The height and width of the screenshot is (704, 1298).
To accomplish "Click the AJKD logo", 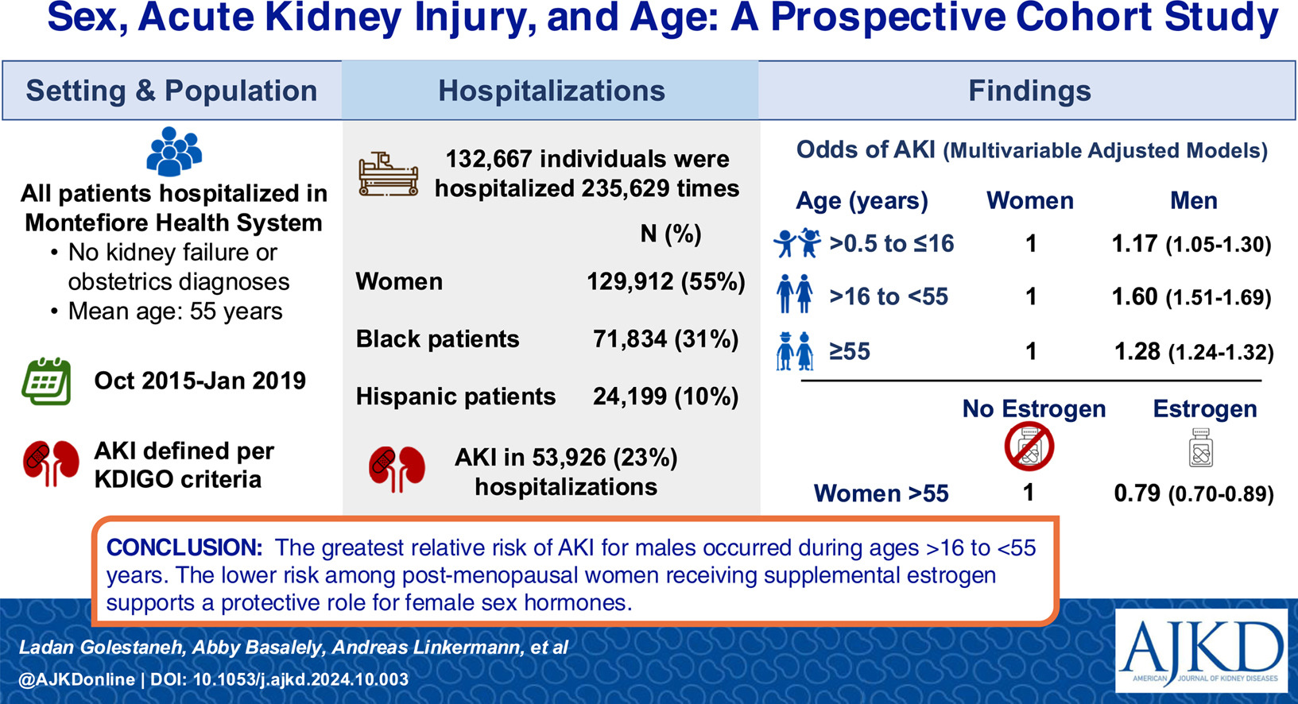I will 1201,650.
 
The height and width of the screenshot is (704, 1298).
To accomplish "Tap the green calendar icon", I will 46,382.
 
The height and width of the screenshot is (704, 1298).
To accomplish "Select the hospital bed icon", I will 388,175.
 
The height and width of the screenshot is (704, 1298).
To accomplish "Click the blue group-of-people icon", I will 174,151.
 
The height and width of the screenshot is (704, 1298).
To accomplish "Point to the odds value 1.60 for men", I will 1134,296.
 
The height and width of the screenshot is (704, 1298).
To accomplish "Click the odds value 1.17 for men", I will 1134,243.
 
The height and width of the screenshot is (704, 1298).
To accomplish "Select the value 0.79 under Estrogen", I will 1137,493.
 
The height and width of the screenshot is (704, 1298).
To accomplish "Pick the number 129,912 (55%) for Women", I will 665,281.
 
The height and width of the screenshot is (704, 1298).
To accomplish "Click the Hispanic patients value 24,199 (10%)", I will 665,396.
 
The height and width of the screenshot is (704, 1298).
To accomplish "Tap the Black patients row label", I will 437,339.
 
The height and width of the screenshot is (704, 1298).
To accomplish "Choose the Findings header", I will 1029,91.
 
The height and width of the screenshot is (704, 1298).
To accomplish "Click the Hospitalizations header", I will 551,91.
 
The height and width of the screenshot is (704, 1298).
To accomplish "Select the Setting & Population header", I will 172,91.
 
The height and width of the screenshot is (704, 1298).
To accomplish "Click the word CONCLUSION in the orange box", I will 184,547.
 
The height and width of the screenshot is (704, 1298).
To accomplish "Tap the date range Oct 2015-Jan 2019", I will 200,381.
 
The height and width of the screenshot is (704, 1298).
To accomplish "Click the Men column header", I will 1193,201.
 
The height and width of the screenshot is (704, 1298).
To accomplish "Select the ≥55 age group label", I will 850,351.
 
